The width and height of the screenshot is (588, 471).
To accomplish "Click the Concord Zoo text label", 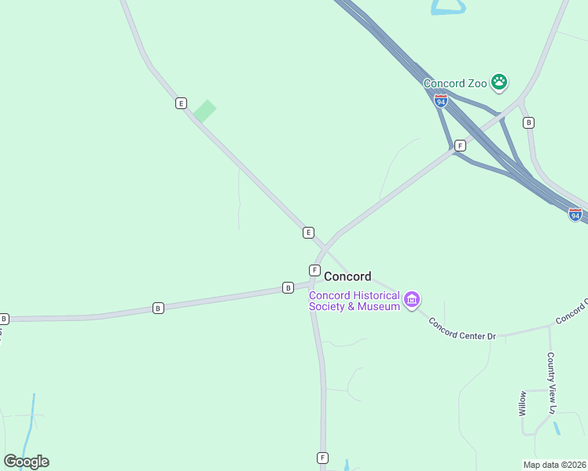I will point(455,83).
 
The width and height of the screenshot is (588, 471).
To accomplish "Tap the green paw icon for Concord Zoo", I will point(498,81).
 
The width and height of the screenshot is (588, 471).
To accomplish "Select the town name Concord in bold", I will point(347,276).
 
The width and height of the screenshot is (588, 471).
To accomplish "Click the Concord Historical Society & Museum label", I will point(354,301).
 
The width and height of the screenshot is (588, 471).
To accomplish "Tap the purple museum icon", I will point(411,300).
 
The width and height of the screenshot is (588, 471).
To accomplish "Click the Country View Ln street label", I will point(552,383).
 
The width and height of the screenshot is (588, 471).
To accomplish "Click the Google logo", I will point(26,462).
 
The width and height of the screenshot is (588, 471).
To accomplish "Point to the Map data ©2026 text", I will point(555,465).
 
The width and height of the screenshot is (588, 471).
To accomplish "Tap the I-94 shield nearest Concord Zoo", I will point(440,100).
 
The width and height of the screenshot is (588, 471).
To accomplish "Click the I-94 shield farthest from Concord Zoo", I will point(575,214).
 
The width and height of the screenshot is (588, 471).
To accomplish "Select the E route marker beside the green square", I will point(182,103).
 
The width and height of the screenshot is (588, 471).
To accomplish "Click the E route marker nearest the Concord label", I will point(308,232).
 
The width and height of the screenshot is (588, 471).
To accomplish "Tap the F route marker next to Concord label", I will point(314,270).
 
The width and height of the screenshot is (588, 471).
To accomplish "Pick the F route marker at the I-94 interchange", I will point(460,145).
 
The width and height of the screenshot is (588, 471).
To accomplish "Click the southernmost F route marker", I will point(322,458).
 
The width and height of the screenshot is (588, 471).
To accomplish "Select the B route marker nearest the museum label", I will point(288,288).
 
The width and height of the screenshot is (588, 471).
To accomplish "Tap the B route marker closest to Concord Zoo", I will point(528,122).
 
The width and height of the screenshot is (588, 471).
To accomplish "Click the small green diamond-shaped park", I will point(204,111).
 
